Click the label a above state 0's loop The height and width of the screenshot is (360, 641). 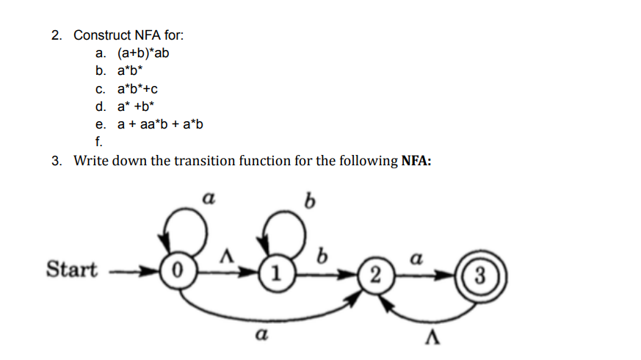[209, 198]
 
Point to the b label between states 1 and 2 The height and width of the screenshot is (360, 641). [320, 257]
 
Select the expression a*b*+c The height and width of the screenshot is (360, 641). [138, 89]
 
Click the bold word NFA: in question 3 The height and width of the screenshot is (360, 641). [416, 162]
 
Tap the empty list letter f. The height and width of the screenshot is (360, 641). [98, 142]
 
